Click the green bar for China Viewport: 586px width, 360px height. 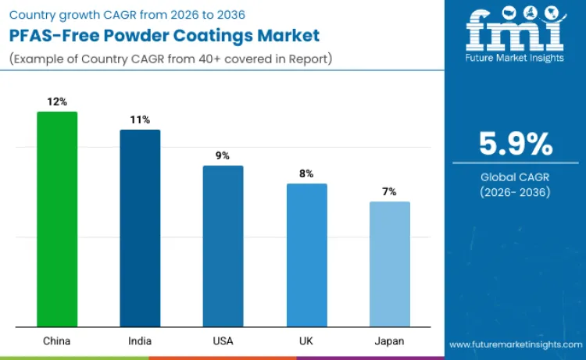[x=57, y=219]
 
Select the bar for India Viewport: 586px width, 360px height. [x=140, y=228]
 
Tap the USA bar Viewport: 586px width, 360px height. [x=223, y=246]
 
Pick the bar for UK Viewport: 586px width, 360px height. [x=306, y=255]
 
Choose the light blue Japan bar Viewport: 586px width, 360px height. [x=389, y=264]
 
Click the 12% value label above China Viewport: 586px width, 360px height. [x=57, y=102]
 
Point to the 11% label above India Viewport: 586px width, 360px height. [x=140, y=119]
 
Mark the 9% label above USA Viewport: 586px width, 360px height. [x=223, y=155]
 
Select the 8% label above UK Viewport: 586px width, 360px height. [x=306, y=173]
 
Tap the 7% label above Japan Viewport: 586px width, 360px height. [x=389, y=191]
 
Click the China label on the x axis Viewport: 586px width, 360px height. [x=57, y=340]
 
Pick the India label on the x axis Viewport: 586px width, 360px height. [x=140, y=340]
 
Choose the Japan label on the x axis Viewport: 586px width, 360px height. [x=389, y=340]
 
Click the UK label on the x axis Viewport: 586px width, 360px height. [x=306, y=340]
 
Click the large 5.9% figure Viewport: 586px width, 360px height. [x=516, y=145]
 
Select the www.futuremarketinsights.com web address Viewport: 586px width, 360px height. [x=516, y=344]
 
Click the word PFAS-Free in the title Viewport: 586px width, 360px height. [x=48, y=37]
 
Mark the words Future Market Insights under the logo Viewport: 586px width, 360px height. [x=515, y=59]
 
